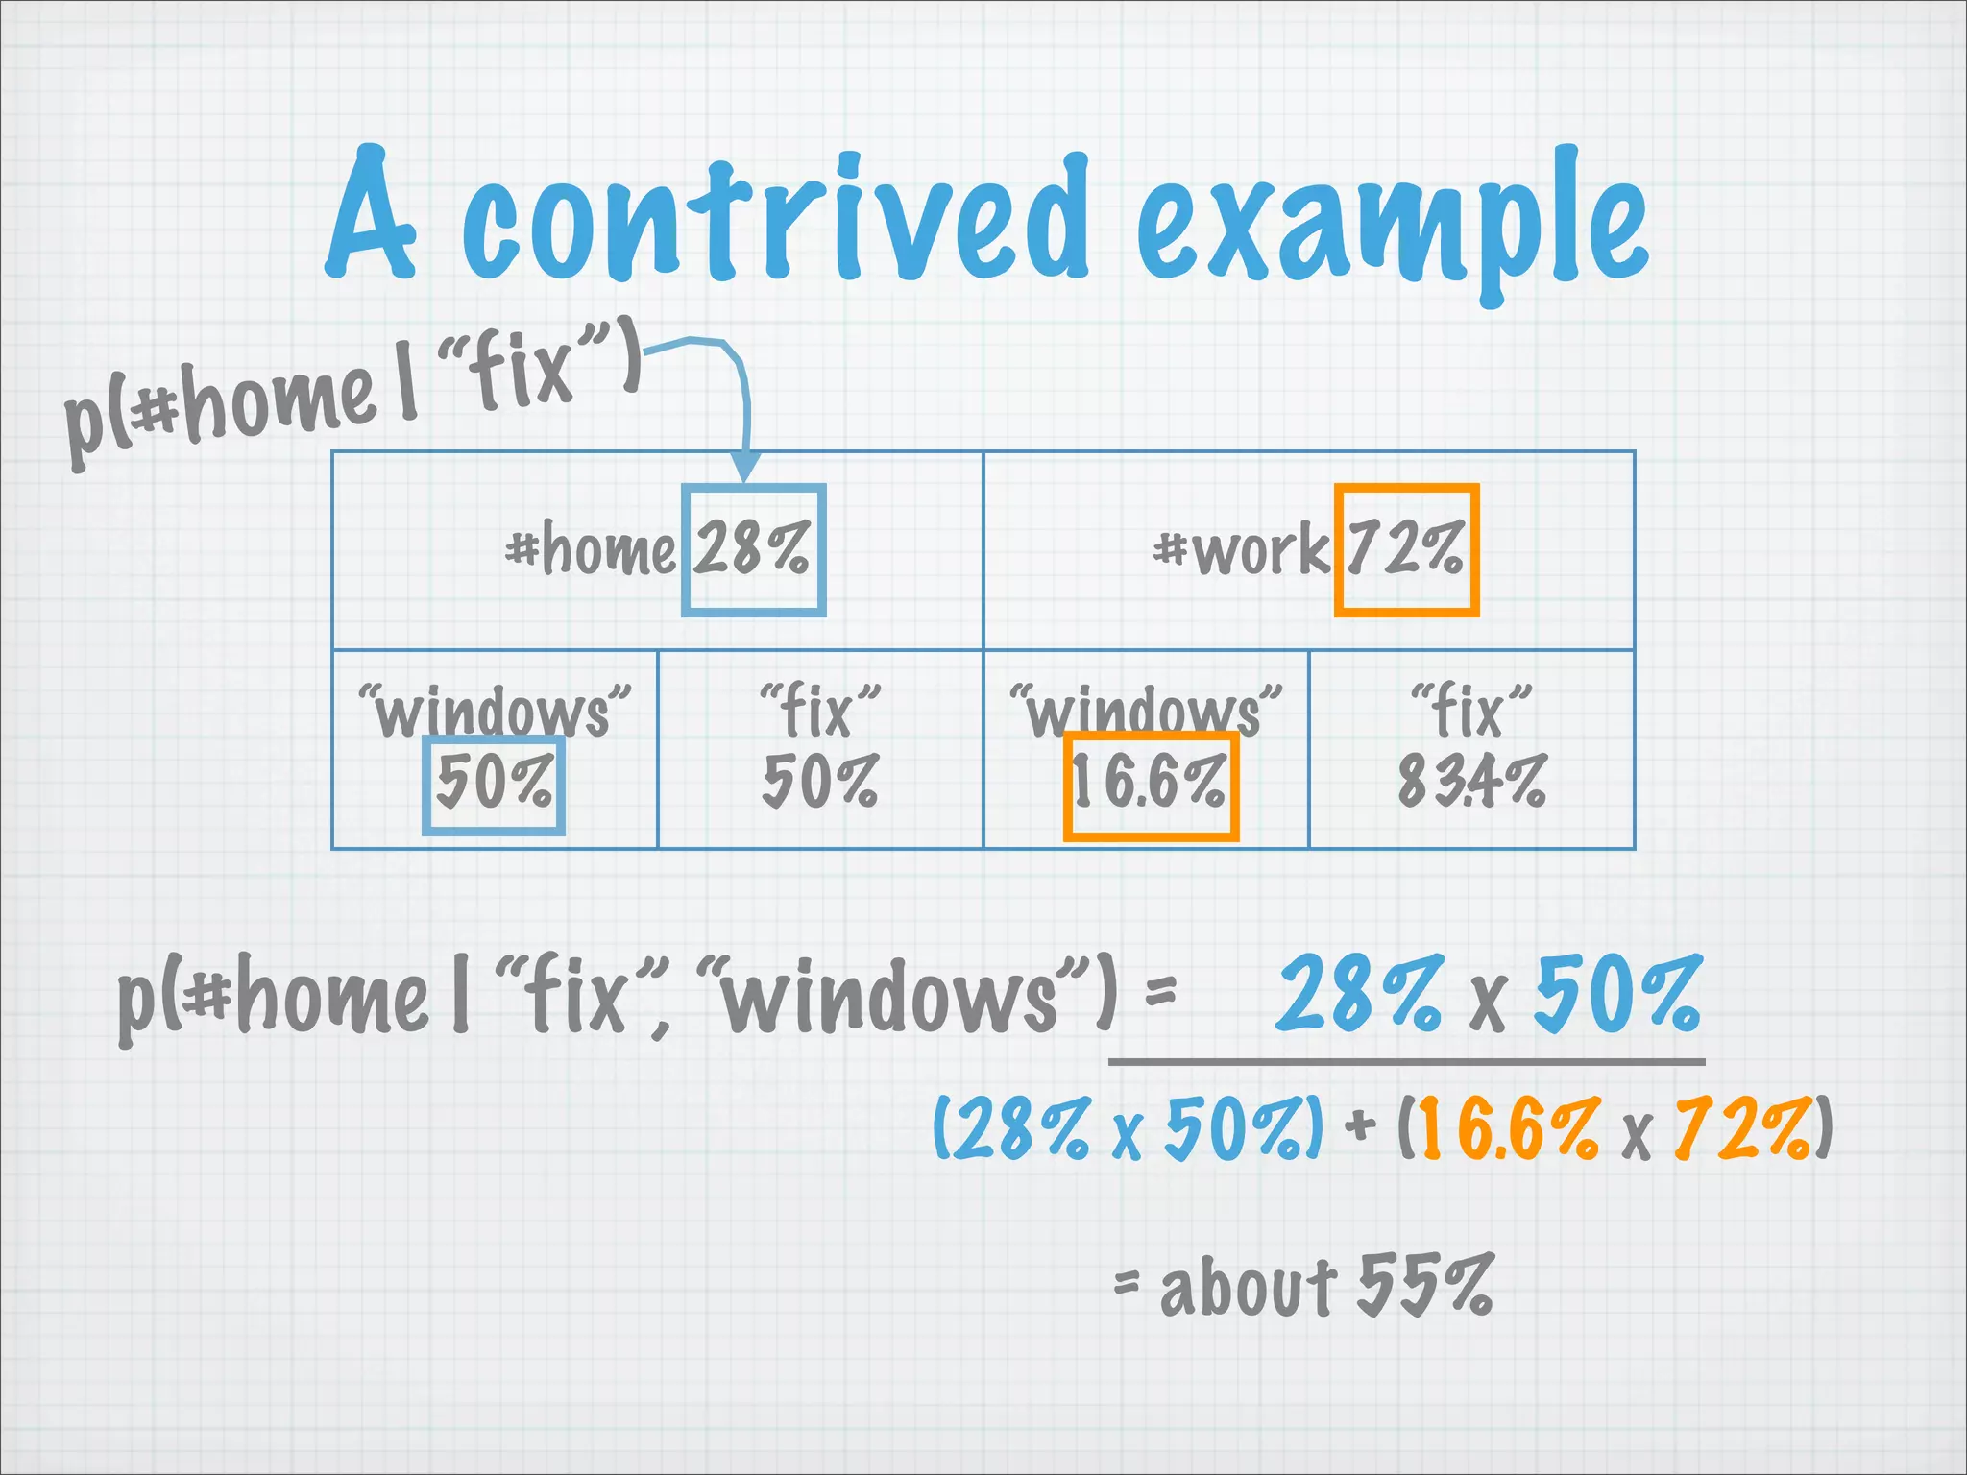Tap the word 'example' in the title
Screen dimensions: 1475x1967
coord(1393,226)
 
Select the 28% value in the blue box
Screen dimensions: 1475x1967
coord(752,548)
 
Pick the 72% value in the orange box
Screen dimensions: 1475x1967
coord(1405,548)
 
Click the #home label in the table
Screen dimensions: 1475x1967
coord(591,550)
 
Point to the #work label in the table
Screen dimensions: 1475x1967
coord(1241,551)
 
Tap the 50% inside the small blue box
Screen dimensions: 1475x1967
coord(494,783)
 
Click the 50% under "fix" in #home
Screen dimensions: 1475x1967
coord(819,781)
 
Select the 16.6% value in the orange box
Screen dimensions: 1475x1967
coord(1150,784)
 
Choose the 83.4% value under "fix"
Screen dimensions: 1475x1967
coord(1471,781)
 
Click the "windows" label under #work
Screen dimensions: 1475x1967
coord(1146,712)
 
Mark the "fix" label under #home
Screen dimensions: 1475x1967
coord(819,710)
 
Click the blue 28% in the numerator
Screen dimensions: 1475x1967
coord(1358,994)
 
